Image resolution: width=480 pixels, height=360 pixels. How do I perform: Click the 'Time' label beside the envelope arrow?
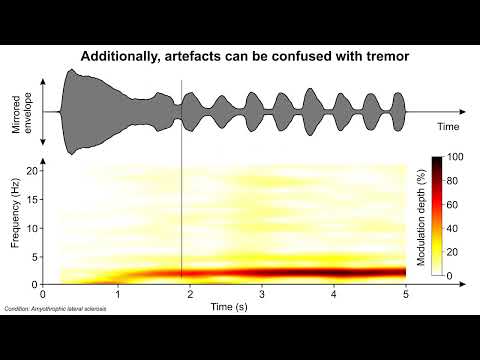[x=448, y=128]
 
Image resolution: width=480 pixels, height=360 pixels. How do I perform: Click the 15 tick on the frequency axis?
[x=32, y=199]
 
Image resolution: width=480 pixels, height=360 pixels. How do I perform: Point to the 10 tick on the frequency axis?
[x=32, y=227]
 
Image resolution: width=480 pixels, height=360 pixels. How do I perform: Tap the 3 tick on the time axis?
[x=261, y=296]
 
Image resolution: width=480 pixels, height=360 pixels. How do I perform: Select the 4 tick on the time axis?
[x=334, y=296]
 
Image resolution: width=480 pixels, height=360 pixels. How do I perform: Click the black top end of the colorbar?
[x=436, y=161]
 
